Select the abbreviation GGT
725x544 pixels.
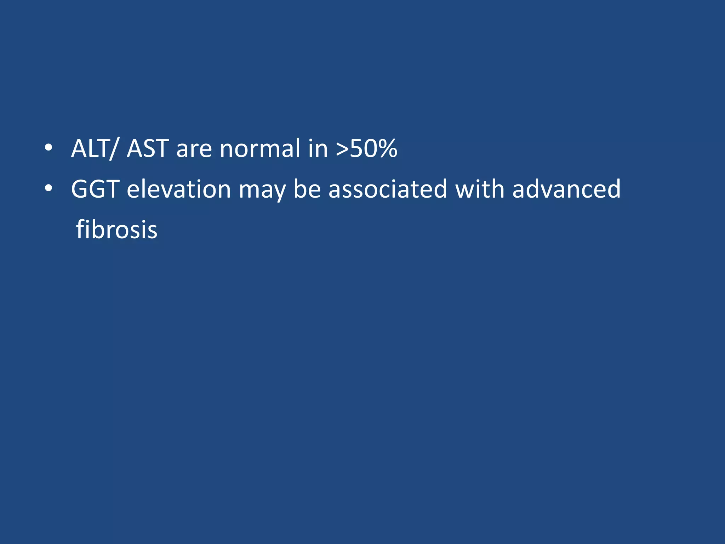pos(95,189)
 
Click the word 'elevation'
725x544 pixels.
pos(179,189)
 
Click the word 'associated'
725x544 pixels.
pos(388,189)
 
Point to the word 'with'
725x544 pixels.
pos(480,189)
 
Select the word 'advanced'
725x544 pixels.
pos(566,189)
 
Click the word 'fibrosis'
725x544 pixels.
pos(116,229)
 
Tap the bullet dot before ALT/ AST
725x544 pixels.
pos(48,148)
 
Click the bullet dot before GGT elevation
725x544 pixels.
pos(48,189)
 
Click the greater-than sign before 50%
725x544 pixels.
pos(342,149)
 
